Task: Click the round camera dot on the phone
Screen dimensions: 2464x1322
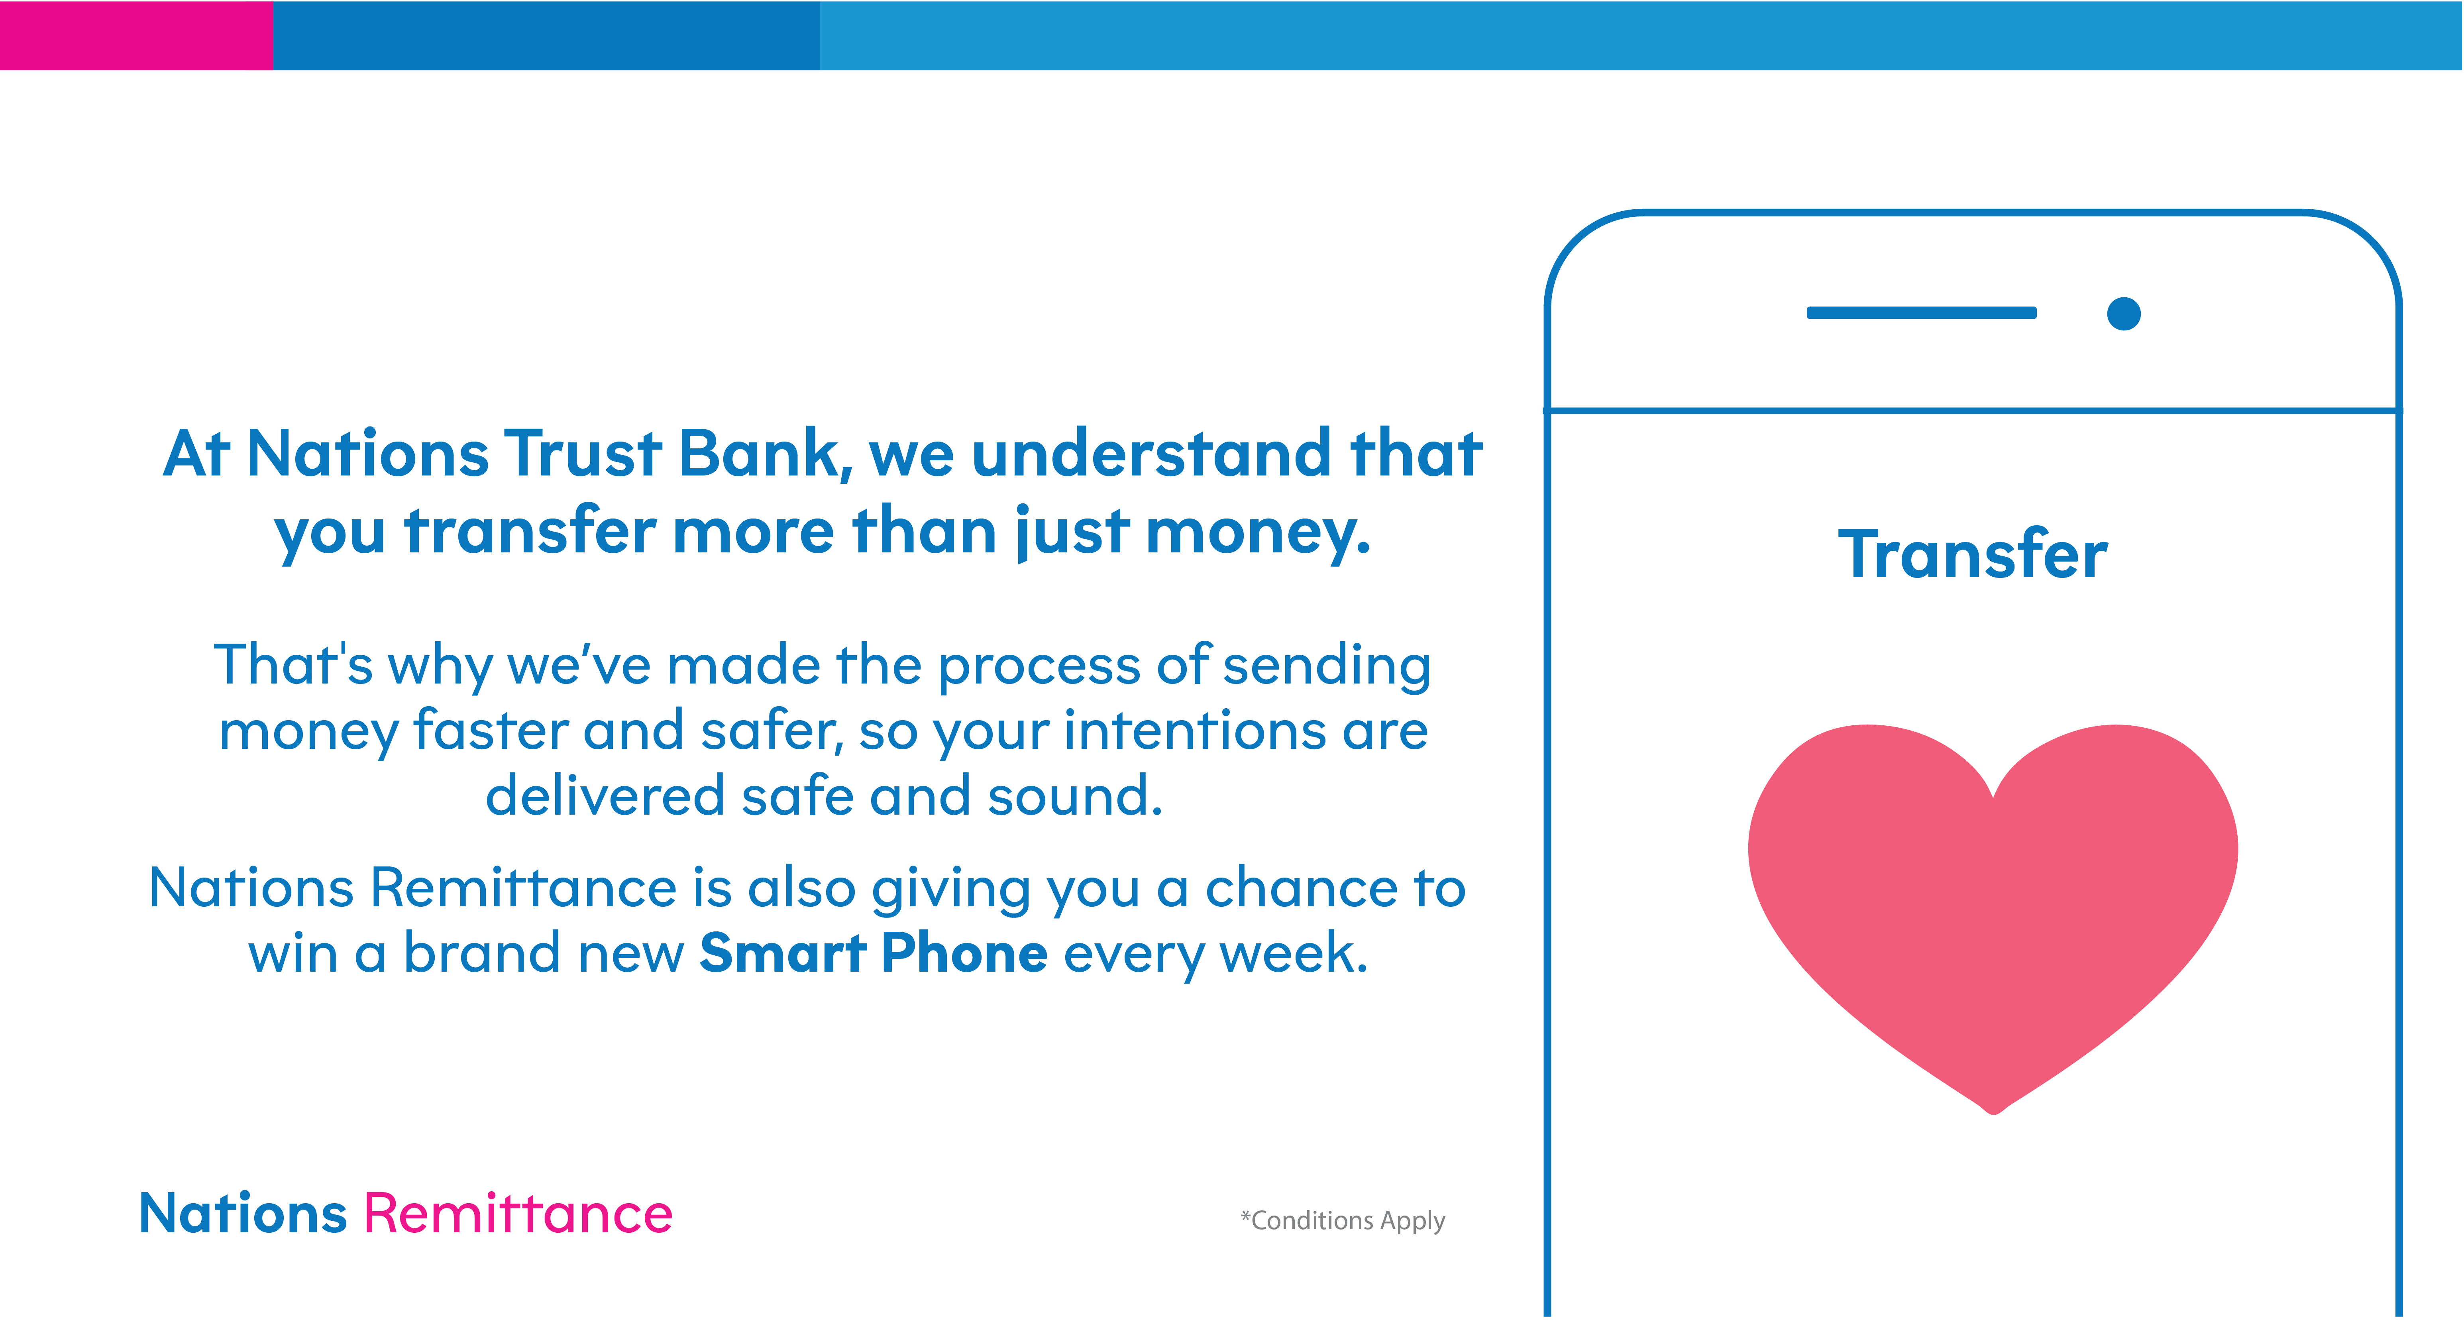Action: [2124, 314]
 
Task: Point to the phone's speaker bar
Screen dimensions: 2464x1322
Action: [1921, 313]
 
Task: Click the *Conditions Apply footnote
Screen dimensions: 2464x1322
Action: [1343, 1221]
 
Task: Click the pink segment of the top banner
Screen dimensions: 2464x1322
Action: [136, 35]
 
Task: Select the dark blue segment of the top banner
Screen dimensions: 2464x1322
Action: [546, 35]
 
